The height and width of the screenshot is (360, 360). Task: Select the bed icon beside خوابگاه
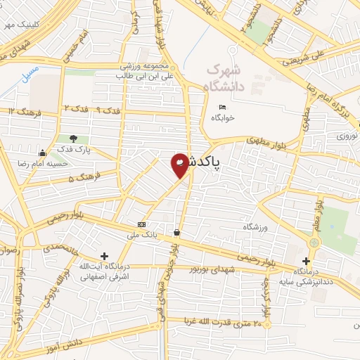point(222,107)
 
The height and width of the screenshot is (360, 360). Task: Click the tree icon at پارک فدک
point(74,139)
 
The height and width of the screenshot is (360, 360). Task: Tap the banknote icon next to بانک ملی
point(143,224)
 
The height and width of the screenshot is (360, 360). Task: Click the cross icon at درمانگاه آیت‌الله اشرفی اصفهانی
point(105,256)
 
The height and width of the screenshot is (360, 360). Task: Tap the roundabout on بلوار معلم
point(314,243)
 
